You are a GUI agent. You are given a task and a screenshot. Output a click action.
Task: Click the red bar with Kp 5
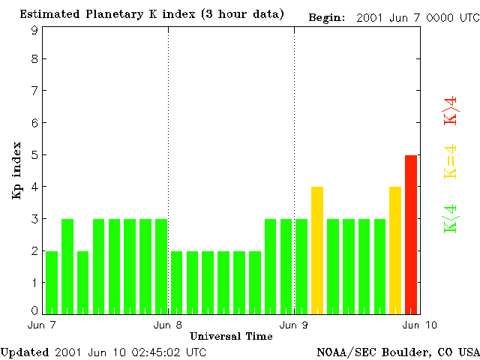click(411, 234)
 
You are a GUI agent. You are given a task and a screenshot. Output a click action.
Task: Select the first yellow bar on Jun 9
click(317, 250)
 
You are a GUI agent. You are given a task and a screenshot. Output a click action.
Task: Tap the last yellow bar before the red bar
click(395, 250)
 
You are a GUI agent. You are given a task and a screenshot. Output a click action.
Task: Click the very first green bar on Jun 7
click(52, 282)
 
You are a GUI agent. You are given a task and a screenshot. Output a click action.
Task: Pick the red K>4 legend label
click(451, 109)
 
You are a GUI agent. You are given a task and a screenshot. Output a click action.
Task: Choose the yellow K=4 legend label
click(451, 161)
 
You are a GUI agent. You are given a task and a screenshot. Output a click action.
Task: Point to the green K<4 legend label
click(451, 219)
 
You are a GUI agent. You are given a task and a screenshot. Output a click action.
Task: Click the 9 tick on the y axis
click(34, 30)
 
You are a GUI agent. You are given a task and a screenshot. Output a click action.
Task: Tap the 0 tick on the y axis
click(34, 310)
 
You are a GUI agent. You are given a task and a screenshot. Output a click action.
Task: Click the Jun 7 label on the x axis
click(42, 325)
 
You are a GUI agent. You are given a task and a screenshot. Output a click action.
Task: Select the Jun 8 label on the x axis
click(168, 325)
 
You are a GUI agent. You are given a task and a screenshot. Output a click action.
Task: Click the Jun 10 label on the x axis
click(416, 325)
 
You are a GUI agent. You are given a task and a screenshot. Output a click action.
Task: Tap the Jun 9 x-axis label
click(294, 325)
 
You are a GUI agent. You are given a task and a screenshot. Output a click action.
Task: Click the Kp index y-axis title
click(16, 171)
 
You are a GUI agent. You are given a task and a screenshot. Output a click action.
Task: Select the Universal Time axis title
click(231, 336)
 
